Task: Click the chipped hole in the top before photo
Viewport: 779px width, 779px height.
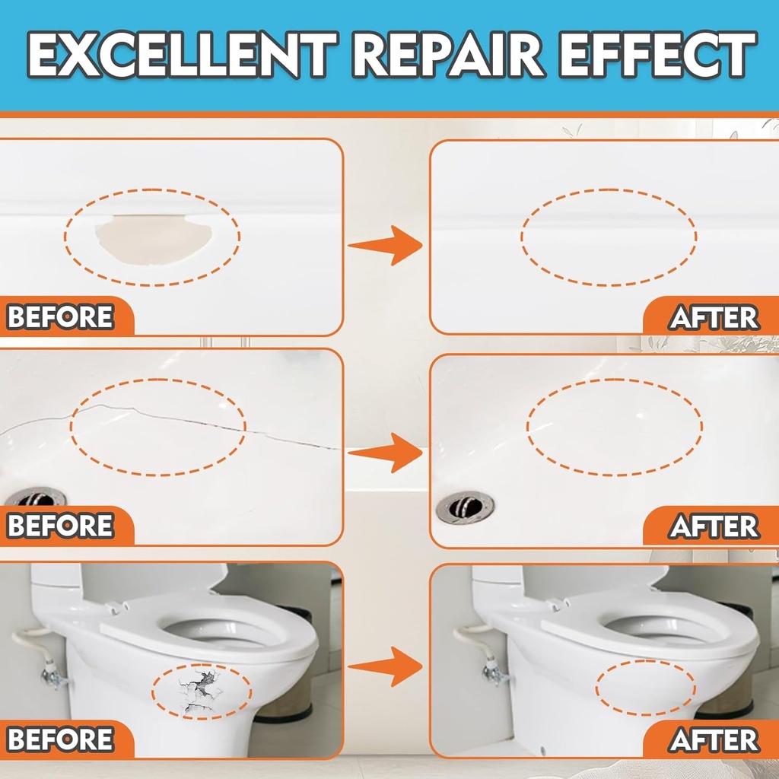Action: [x=153, y=239]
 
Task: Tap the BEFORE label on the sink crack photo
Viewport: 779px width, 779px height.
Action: [x=61, y=526]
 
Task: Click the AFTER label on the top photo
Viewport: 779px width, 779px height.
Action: [x=714, y=317]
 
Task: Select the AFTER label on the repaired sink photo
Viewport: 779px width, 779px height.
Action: [x=714, y=526]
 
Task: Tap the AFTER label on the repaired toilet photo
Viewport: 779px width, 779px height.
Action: [x=714, y=739]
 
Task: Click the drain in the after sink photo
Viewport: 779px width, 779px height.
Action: [x=465, y=506]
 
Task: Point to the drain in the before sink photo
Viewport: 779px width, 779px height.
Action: [x=35, y=499]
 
